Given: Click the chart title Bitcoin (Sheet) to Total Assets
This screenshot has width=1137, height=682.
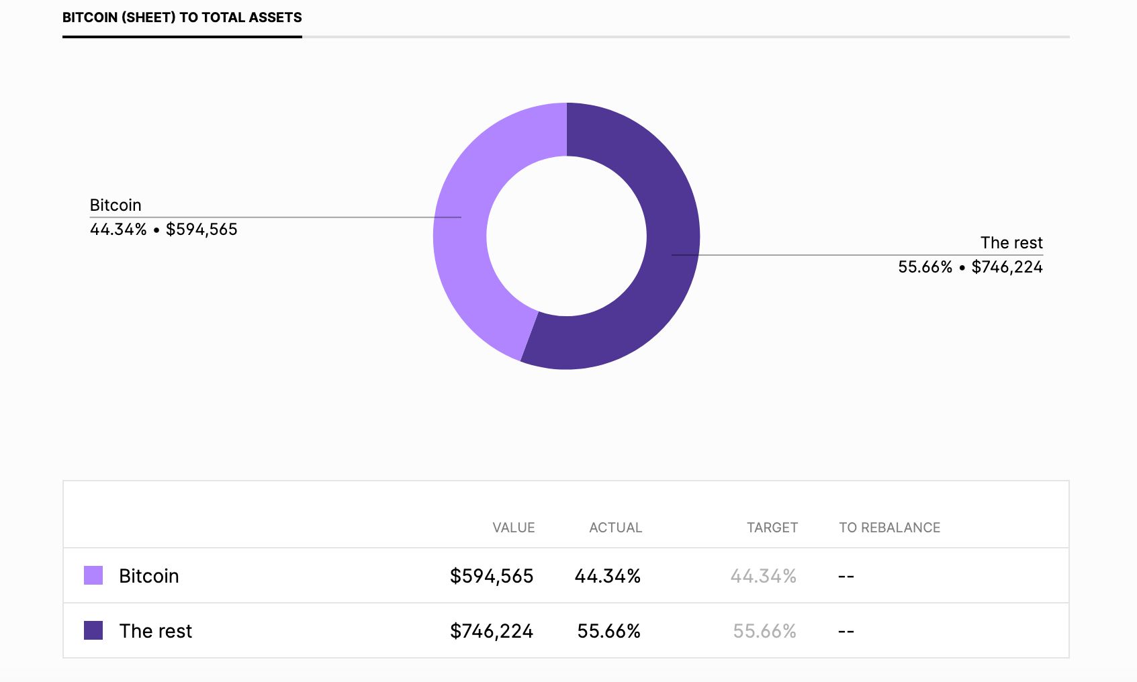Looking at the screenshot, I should pos(182,17).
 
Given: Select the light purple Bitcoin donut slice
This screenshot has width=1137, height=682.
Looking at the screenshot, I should pos(463,242).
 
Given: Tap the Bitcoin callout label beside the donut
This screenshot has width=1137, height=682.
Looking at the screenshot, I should pos(116,205).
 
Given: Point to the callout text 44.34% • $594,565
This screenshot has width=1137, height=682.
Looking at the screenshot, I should pos(163,230).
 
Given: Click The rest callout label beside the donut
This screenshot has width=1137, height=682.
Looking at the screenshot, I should pos(1011,243).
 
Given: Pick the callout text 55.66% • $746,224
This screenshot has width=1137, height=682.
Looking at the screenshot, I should pos(970,267).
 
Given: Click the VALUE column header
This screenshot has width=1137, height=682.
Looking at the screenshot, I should pos(513,528).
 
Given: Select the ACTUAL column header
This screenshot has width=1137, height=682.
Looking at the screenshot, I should pos(615,528).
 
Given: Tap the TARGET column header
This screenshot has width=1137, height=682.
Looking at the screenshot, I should pos(772,528).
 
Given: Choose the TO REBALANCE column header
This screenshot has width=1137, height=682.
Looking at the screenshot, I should pos(889,528).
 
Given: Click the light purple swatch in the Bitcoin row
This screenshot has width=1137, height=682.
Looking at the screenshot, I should pos(93,575).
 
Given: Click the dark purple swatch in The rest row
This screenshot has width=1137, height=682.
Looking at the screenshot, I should pos(93,630).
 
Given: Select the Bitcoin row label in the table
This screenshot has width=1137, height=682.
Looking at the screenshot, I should pos(149,576).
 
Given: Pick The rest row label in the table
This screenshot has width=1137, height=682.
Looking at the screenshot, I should pos(156,631).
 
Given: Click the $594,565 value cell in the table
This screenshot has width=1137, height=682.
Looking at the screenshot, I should pos(492,576).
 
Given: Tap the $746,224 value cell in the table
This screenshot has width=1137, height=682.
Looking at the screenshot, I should pos(492,631).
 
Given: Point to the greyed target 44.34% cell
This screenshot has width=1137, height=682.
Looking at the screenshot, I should pos(763,576).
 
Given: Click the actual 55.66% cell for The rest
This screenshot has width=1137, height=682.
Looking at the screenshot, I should pos(608,631).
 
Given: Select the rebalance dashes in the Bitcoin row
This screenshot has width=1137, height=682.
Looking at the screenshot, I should pos(846,577).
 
